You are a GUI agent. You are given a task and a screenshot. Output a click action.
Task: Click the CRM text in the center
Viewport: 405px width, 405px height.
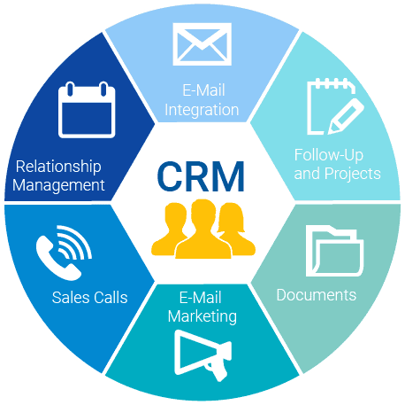tap(201, 176)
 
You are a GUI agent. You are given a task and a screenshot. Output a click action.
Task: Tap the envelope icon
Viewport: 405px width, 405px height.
tap(202, 44)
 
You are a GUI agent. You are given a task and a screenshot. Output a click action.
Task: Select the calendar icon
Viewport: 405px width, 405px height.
tap(87, 110)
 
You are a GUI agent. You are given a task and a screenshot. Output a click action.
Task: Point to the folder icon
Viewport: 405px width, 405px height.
tap(334, 251)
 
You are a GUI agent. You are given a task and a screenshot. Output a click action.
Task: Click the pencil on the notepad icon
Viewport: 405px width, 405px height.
tap(346, 116)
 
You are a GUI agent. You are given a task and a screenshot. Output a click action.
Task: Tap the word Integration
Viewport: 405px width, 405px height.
tap(202, 110)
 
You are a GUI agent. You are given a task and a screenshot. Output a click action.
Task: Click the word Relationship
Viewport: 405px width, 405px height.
tap(58, 167)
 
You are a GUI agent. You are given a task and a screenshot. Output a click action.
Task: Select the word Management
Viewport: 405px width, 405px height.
tap(58, 185)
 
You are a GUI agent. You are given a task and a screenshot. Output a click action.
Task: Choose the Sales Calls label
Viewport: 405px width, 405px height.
tap(89, 298)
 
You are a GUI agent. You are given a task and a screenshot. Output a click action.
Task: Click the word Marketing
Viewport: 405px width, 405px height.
tap(202, 316)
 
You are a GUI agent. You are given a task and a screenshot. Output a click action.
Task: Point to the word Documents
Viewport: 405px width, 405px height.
tap(317, 295)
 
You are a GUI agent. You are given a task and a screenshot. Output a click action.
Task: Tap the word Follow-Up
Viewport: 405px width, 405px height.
tap(329, 155)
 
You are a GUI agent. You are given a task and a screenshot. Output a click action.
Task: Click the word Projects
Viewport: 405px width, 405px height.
tap(353, 174)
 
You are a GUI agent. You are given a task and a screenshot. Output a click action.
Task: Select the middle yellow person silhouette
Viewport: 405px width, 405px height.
tap(203, 230)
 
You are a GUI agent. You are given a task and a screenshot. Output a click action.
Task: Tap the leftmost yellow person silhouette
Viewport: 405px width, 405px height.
tap(171, 229)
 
